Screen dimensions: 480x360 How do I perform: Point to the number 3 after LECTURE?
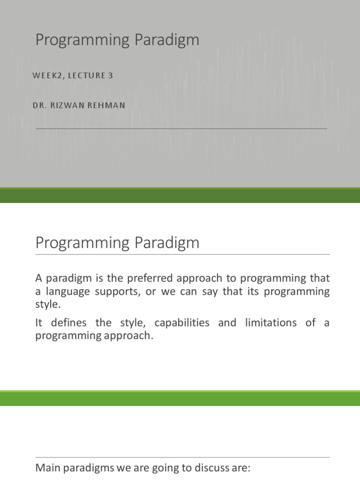tap(111, 75)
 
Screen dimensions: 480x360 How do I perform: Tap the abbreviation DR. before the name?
tap(39, 105)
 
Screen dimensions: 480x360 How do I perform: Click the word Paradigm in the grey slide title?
tap(167, 40)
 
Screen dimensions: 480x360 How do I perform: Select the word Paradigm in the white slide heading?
tap(167, 243)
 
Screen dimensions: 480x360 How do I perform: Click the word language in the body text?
tap(66, 292)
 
